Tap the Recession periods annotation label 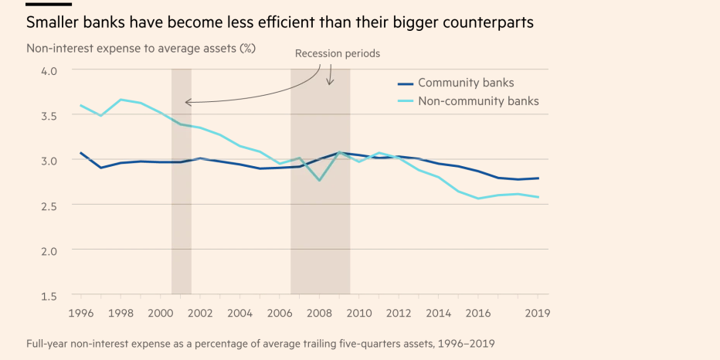(x=338, y=54)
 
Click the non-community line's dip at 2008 (x=319, y=180)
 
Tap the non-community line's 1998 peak (x=121, y=100)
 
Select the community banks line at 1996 (x=81, y=153)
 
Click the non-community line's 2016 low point (x=478, y=199)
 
